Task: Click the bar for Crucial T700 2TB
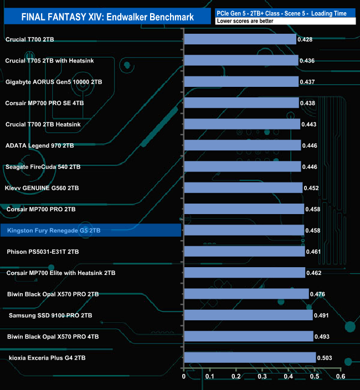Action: [240, 39]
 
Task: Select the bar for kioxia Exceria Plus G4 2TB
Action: [250, 358]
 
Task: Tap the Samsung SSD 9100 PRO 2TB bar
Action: [248, 315]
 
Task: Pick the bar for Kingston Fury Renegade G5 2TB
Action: [244, 230]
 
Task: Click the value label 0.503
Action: [325, 358]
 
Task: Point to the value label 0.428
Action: [305, 39]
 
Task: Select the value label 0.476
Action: [318, 294]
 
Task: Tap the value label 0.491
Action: [322, 315]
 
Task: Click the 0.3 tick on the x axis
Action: [262, 377]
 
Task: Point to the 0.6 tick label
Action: [340, 377]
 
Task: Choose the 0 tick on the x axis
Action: [184, 377]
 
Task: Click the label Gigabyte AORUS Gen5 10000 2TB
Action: [54, 82]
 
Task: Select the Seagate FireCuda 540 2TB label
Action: [43, 167]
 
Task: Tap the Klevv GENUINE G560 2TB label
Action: [42, 188]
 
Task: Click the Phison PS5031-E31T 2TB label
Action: [43, 252]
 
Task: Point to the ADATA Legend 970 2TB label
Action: [39, 145]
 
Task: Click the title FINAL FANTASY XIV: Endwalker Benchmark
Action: [107, 17]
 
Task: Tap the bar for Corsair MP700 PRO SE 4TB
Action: [241, 103]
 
